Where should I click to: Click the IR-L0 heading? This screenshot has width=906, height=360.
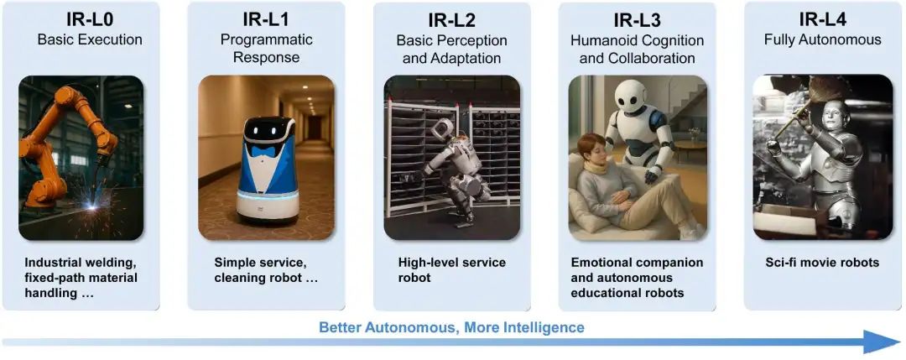[90, 19]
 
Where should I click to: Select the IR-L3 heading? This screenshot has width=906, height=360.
[637, 19]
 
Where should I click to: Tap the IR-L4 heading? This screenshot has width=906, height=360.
[823, 19]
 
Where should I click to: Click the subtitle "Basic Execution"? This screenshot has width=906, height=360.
[90, 40]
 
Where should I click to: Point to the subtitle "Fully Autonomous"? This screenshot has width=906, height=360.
[823, 40]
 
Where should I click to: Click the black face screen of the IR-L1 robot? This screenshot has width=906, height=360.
[266, 129]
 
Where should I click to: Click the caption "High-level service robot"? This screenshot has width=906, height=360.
[452, 270]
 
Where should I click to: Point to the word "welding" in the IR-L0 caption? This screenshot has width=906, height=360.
[111, 263]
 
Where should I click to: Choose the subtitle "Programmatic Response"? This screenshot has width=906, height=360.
[267, 49]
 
